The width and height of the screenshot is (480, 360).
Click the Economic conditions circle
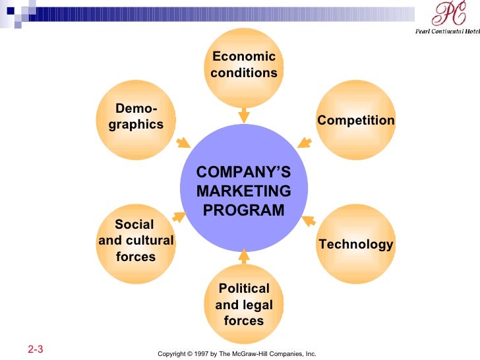(x=244, y=66)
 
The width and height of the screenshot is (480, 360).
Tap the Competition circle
(x=355, y=120)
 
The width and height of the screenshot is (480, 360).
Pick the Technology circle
(x=355, y=244)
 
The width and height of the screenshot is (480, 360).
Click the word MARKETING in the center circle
(x=243, y=191)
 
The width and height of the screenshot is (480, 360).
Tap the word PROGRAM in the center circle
(x=243, y=210)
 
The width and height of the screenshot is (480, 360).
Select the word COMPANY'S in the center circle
(x=243, y=173)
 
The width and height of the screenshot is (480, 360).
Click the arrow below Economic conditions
(x=244, y=115)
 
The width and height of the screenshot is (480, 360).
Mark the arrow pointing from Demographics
(x=183, y=142)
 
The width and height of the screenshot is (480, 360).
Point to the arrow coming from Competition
(x=304, y=141)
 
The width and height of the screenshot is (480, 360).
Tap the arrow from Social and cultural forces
(x=179, y=216)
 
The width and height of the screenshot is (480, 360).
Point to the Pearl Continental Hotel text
(x=447, y=30)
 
